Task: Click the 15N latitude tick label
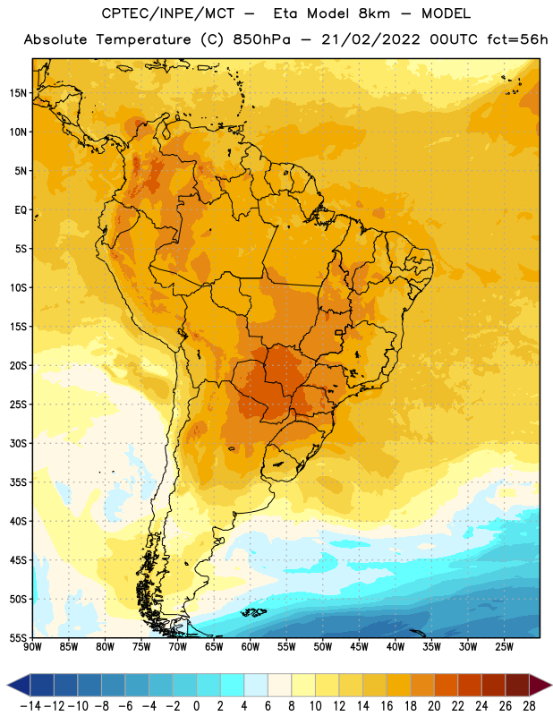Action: [18, 93]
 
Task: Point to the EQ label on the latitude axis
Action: [21, 210]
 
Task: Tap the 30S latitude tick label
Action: [18, 443]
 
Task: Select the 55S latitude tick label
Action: [18, 638]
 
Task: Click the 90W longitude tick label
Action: [32, 647]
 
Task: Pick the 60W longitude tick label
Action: [251, 647]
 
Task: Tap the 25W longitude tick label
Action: [504, 647]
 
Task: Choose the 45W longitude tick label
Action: [359, 647]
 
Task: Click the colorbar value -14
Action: [30, 706]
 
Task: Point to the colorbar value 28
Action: [529, 706]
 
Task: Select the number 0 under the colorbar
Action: [196, 706]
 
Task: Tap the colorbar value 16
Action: [387, 706]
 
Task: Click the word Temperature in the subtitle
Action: [143, 39]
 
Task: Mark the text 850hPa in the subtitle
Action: [261, 39]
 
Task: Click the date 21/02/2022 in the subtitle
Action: [370, 39]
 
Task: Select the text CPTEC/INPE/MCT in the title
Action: [167, 13]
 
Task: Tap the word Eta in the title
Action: [285, 13]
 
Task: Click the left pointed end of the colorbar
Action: [8, 685]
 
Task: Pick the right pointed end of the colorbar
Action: [551, 685]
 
